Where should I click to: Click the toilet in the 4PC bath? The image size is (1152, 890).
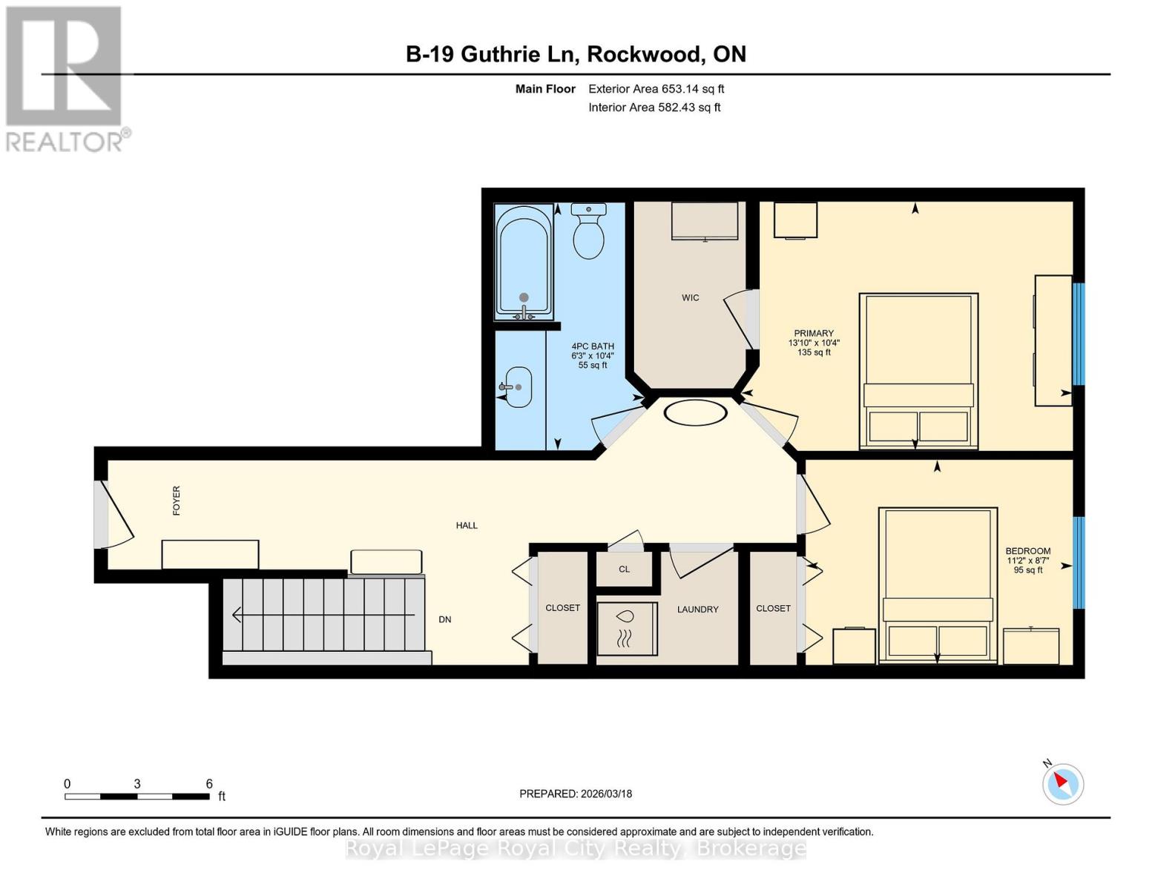588,234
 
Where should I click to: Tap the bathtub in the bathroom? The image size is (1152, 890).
524,261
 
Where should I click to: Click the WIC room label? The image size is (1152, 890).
690,297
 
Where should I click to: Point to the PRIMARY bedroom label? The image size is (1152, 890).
814,334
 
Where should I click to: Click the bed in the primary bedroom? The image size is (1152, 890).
918,371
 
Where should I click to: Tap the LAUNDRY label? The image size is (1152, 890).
697,609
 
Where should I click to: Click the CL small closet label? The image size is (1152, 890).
624,569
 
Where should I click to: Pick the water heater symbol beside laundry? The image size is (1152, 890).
626,628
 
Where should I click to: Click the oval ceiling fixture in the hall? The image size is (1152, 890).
695,412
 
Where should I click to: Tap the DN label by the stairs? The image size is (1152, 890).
445,619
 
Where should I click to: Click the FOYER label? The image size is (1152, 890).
177,501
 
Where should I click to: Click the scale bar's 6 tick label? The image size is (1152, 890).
209,783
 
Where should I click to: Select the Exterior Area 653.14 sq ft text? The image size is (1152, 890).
656,89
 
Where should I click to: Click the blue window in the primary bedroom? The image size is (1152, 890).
1079,334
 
